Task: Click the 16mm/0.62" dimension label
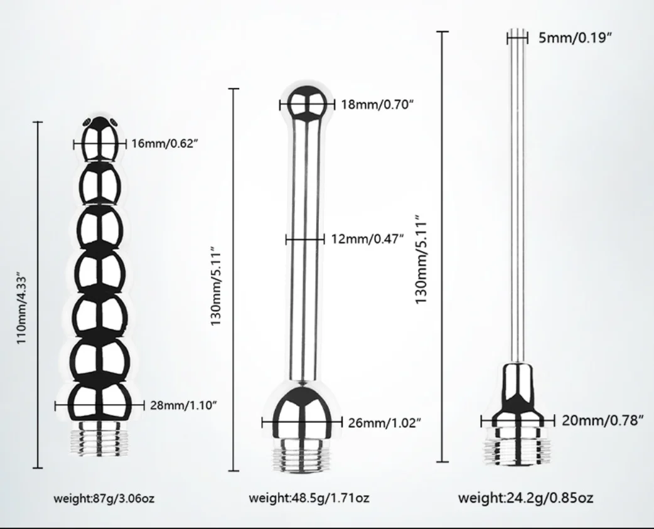[x=165, y=144]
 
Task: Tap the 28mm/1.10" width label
[x=184, y=405]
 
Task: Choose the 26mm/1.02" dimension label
[x=384, y=422]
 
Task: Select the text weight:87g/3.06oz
[x=104, y=499]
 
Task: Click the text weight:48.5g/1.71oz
[x=309, y=499]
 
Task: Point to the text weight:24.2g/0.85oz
[x=525, y=499]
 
